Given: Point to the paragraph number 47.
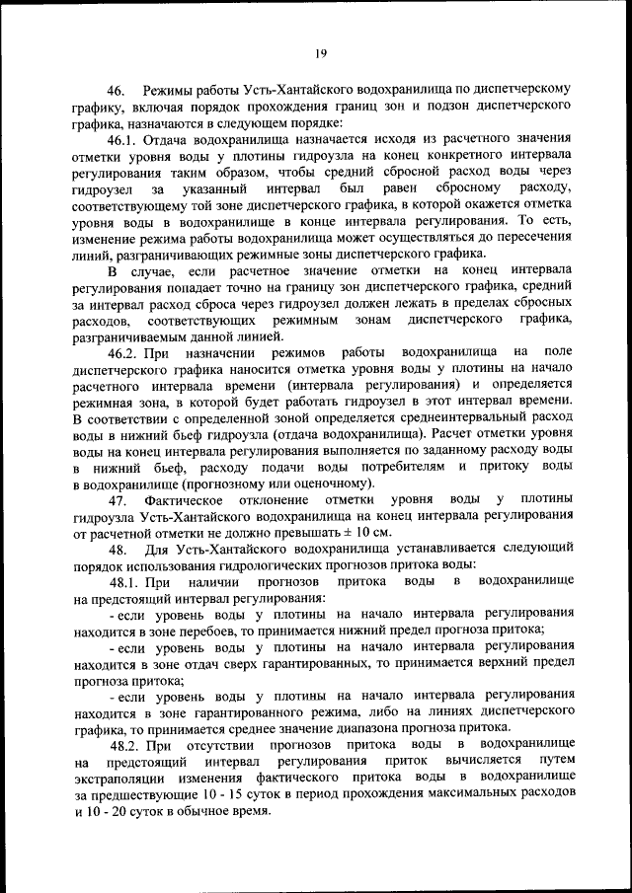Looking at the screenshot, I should [118, 499].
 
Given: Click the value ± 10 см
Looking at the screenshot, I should [364, 532].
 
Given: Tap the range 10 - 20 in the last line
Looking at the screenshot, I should [106, 810].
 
